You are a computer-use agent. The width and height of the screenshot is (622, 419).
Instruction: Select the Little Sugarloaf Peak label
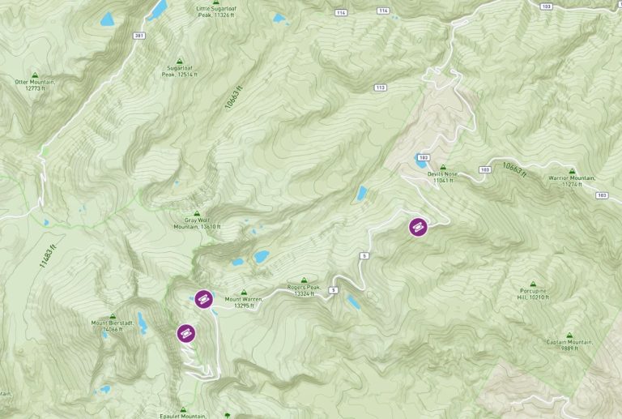[214, 11]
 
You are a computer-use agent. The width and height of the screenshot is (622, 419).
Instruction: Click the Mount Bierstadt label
[111, 326]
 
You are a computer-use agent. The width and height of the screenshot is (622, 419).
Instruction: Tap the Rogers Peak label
[305, 290]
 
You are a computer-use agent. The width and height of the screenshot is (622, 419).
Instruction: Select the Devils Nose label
[445, 177]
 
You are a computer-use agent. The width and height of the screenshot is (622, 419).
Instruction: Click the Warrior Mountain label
[572, 181]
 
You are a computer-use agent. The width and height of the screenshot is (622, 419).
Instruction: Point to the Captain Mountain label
[569, 344]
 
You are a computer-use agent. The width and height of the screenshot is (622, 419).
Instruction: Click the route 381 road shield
[139, 36]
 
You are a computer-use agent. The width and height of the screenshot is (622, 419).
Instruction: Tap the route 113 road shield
[380, 87]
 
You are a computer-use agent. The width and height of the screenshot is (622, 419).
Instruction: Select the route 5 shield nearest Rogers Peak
[333, 289]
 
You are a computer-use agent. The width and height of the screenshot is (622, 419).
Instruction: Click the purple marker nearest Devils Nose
[418, 227]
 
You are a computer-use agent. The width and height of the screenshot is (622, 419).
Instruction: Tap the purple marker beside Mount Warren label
[203, 299]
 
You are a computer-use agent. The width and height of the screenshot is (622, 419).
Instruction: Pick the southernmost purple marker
[186, 332]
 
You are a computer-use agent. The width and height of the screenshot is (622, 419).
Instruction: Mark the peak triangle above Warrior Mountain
[572, 171]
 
